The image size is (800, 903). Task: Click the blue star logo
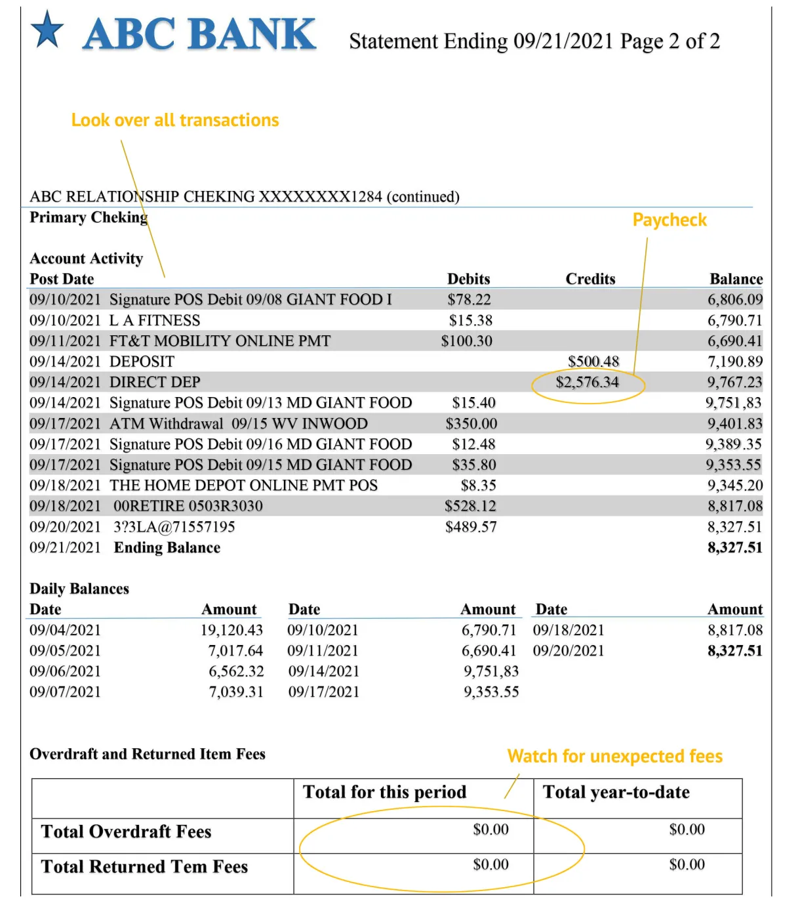pyautogui.click(x=47, y=30)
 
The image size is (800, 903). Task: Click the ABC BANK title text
pyautogui.click(x=199, y=34)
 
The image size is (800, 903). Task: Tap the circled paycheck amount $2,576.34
pyautogui.click(x=587, y=382)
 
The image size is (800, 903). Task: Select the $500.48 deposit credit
pyautogui.click(x=593, y=362)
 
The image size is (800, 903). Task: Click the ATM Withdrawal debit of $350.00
pyautogui.click(x=471, y=423)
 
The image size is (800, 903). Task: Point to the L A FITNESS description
pyautogui.click(x=155, y=320)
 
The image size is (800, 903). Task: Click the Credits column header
pyautogui.click(x=590, y=279)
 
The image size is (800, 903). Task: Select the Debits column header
pyautogui.click(x=468, y=279)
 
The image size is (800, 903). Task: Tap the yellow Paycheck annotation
pyautogui.click(x=669, y=220)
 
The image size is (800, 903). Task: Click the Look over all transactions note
pyautogui.click(x=175, y=120)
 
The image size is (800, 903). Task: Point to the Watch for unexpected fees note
pyautogui.click(x=614, y=756)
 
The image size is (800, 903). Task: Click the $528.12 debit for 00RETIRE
pyautogui.click(x=470, y=506)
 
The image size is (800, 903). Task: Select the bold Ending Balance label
pyautogui.click(x=167, y=547)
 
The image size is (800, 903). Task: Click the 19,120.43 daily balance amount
pyautogui.click(x=231, y=630)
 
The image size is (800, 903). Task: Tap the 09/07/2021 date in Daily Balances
pyautogui.click(x=65, y=692)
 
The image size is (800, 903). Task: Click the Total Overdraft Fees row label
pyautogui.click(x=126, y=831)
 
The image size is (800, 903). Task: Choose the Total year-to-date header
pyautogui.click(x=616, y=792)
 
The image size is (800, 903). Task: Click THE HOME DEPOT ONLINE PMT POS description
pyautogui.click(x=243, y=485)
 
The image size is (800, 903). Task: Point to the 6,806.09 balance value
pyautogui.click(x=734, y=299)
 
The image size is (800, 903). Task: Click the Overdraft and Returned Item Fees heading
pyautogui.click(x=148, y=754)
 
